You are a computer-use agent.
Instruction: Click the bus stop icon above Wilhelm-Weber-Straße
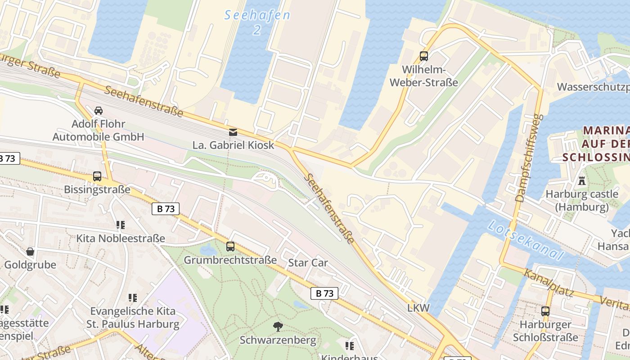coord(424,56)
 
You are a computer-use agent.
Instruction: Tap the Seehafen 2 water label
coord(257,22)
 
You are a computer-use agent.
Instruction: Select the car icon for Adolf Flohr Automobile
coord(98,110)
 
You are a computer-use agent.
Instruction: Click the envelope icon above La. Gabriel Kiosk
coord(233,132)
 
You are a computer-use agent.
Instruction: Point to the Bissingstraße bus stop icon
coord(97,176)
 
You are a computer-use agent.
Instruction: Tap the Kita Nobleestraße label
coord(121,238)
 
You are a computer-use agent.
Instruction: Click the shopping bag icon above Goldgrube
coord(30,251)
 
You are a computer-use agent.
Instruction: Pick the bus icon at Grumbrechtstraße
coord(230,246)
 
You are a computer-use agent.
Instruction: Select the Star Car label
coord(308,263)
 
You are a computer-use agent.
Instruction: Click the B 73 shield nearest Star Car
coord(324,293)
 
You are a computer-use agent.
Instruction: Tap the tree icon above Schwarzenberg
coord(278,326)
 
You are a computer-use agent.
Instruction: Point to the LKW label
coord(418,308)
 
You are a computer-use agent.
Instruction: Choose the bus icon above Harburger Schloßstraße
coord(545,311)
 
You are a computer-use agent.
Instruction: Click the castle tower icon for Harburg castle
coord(582,181)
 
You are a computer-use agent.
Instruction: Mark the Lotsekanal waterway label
coord(526,240)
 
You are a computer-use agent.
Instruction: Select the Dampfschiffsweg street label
coord(527,158)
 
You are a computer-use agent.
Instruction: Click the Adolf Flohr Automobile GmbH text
coord(98,130)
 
